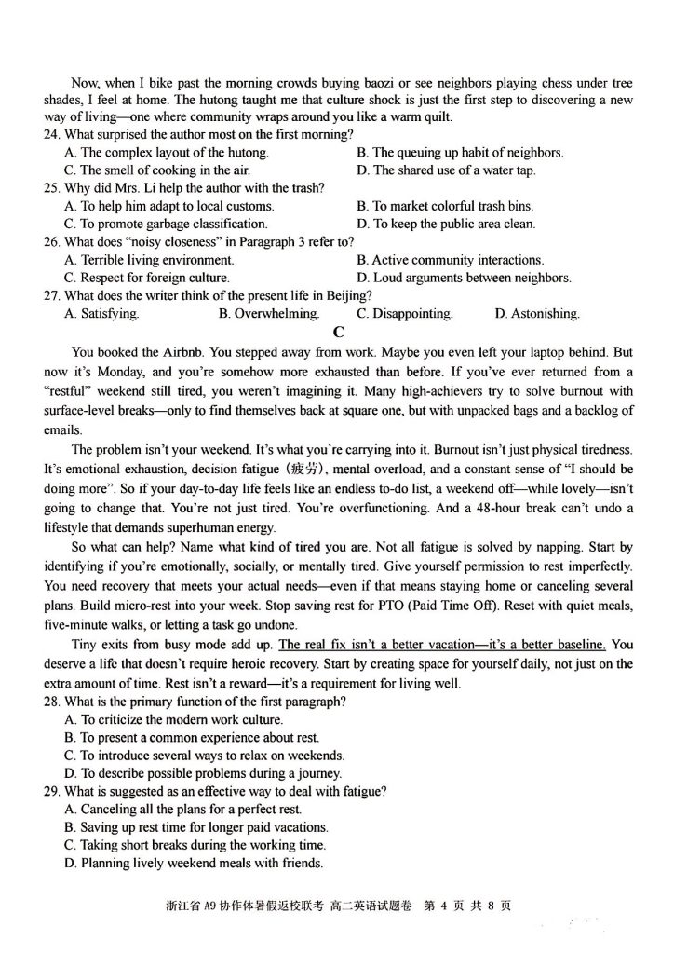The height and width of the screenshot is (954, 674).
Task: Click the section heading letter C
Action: coord(337,334)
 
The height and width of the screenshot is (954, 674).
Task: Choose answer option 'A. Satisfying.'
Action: coord(101,314)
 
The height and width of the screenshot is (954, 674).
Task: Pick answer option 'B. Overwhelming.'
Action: coord(268,314)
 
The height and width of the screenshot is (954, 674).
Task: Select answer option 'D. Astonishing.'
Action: coord(536,314)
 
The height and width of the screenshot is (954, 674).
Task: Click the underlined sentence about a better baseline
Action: coord(442,644)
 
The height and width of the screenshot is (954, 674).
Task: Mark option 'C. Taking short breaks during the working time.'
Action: coord(195,845)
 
